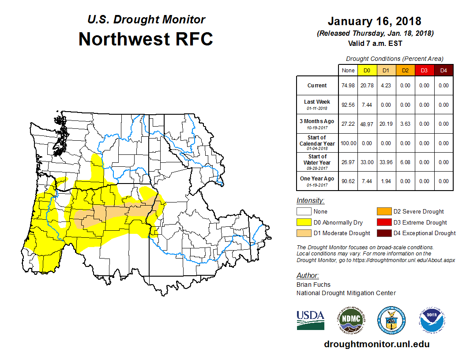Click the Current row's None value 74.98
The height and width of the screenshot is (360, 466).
pyautogui.click(x=348, y=86)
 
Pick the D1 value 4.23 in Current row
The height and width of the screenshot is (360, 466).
pyautogui.click(x=386, y=86)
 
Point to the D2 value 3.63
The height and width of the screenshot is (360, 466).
pyautogui.click(x=405, y=124)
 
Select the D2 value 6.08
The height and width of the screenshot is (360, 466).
pyautogui.click(x=405, y=162)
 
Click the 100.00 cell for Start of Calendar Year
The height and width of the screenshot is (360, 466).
pyautogui.click(x=348, y=143)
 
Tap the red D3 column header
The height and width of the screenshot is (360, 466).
pyautogui.click(x=424, y=71)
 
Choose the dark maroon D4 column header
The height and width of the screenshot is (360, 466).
pyautogui.click(x=443, y=71)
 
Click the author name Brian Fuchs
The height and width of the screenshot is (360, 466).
pyautogui.click(x=313, y=285)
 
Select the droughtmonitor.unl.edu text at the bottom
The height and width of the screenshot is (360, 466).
pyautogui.click(x=376, y=344)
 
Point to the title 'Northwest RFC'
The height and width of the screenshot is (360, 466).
pyautogui.click(x=146, y=39)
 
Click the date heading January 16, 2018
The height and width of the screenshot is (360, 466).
pyautogui.click(x=374, y=21)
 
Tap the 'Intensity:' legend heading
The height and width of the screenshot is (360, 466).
pyautogui.click(x=310, y=200)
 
